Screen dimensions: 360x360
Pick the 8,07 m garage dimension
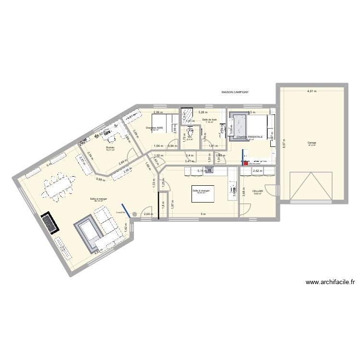click(x=284, y=144)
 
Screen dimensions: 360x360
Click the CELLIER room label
click(x=258, y=191)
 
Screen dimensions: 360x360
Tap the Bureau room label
click(x=110, y=134)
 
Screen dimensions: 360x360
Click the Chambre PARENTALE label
click(x=250, y=137)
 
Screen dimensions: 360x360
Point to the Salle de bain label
click(x=210, y=120)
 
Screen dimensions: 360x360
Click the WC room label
click(x=190, y=137)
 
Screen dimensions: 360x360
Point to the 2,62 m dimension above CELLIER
click(x=257, y=170)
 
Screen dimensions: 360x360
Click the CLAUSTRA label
click(x=120, y=212)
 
